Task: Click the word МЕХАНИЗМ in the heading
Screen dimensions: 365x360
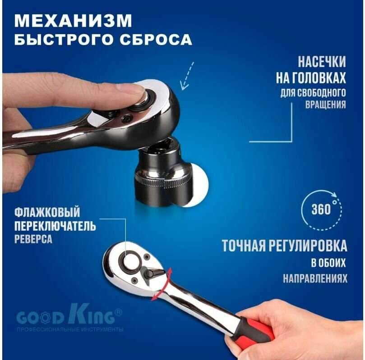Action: tap(73, 21)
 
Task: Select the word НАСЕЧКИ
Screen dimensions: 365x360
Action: tap(322, 62)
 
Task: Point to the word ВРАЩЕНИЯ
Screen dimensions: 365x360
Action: tap(326, 105)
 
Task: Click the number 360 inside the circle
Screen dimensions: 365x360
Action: tap(321, 209)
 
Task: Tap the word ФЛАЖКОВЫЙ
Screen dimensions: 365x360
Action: tap(47, 212)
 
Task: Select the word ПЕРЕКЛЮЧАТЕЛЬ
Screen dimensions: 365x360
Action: tap(55, 226)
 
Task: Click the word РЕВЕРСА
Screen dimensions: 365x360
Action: tap(33, 239)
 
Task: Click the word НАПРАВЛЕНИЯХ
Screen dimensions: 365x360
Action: tap(315, 278)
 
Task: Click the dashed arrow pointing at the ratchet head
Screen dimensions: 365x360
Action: tap(187, 76)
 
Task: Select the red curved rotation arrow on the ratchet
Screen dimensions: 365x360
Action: tap(162, 285)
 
